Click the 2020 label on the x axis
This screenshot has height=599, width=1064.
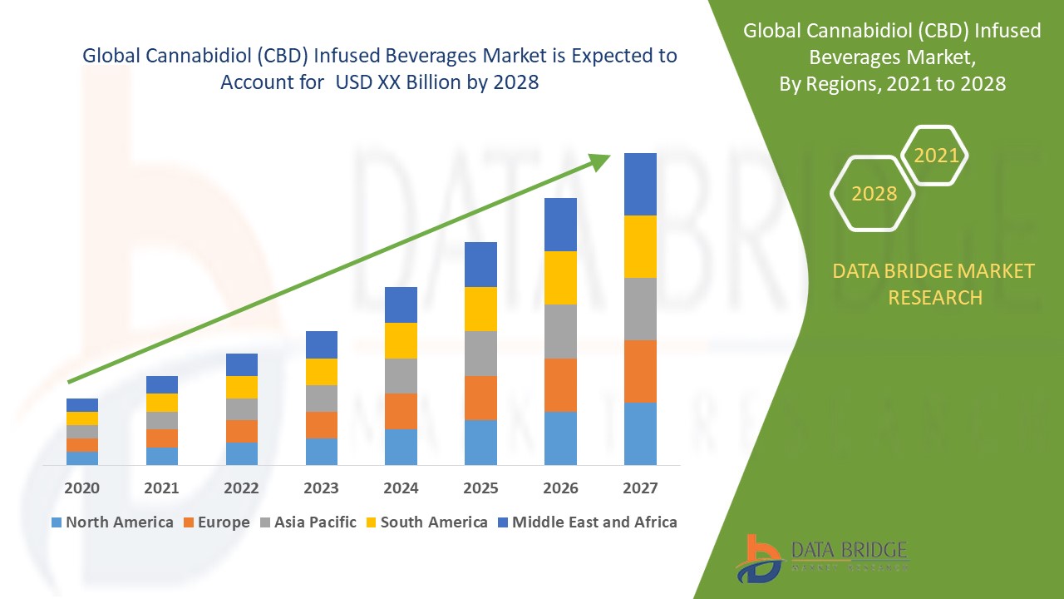tap(81, 488)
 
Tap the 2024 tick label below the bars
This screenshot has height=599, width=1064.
tap(401, 488)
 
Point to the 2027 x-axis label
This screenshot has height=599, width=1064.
tap(640, 488)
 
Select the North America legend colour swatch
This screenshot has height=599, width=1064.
tap(57, 522)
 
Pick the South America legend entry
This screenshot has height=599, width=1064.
tap(433, 522)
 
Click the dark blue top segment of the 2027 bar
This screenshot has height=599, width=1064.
tap(640, 184)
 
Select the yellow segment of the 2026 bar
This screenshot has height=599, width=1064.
tap(560, 277)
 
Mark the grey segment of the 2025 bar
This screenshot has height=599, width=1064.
tap(480, 354)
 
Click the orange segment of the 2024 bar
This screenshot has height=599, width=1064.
tap(401, 411)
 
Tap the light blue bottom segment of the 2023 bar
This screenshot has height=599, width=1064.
tap(321, 451)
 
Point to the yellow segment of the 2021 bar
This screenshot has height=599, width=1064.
tap(161, 402)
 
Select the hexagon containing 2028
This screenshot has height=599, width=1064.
tap(873, 193)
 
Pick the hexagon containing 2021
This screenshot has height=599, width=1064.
tap(935, 156)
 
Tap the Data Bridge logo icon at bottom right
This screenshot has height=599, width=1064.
tap(758, 557)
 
